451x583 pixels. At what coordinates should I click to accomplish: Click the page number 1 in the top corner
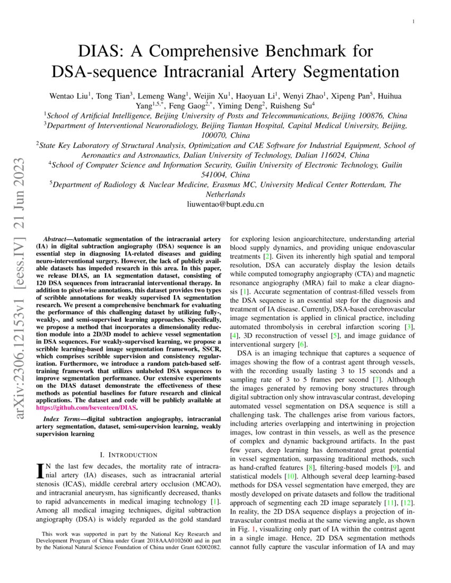pyautogui.click(x=413, y=21)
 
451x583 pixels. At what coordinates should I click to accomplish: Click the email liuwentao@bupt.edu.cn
pyautogui.click(x=225, y=204)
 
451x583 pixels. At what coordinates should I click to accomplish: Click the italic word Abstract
pyautogui.click(x=55, y=239)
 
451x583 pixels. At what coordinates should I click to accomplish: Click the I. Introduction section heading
pyautogui.click(x=128, y=455)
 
